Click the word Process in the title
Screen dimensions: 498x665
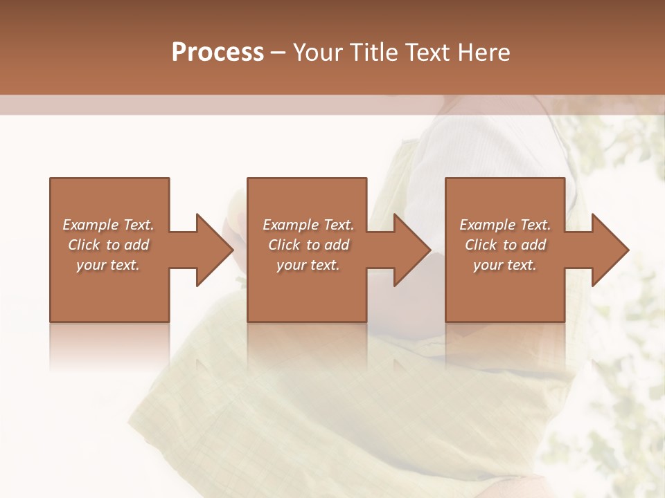(x=218, y=53)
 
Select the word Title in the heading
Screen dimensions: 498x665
(x=373, y=53)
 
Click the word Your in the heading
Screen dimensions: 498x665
(x=319, y=53)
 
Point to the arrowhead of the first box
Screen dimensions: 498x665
(x=214, y=250)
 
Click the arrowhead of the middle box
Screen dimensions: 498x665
(x=412, y=250)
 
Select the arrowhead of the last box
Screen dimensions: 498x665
(x=610, y=250)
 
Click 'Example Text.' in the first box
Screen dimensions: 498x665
(x=108, y=225)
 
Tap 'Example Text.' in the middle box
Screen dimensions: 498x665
(x=308, y=225)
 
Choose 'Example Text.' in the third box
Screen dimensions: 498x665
(x=505, y=225)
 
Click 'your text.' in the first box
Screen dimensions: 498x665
(x=108, y=265)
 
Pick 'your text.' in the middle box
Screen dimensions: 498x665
(x=308, y=265)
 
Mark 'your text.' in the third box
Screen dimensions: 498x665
(x=505, y=265)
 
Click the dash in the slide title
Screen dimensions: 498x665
(x=278, y=53)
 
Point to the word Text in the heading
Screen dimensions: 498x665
(x=425, y=53)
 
